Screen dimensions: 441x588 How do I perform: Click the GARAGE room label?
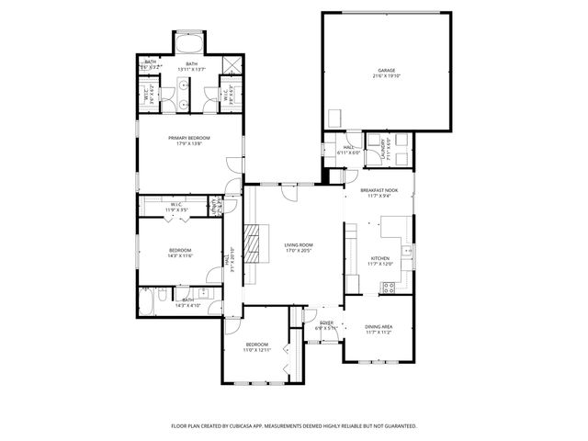point(386,70)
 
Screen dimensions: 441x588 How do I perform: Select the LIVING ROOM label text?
point(299,244)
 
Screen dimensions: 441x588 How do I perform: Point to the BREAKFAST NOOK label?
point(379,190)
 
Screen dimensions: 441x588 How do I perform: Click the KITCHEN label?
point(379,259)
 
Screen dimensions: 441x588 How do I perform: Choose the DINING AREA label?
point(379,327)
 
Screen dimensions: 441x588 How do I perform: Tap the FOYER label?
point(326,323)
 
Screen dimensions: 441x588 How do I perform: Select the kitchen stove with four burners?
point(389,287)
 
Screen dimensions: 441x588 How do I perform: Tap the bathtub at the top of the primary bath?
point(190,43)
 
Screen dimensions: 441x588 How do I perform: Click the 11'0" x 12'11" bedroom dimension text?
point(258,350)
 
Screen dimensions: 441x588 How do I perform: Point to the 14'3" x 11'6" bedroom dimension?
point(180,255)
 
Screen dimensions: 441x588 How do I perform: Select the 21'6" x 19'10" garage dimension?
point(386,75)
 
